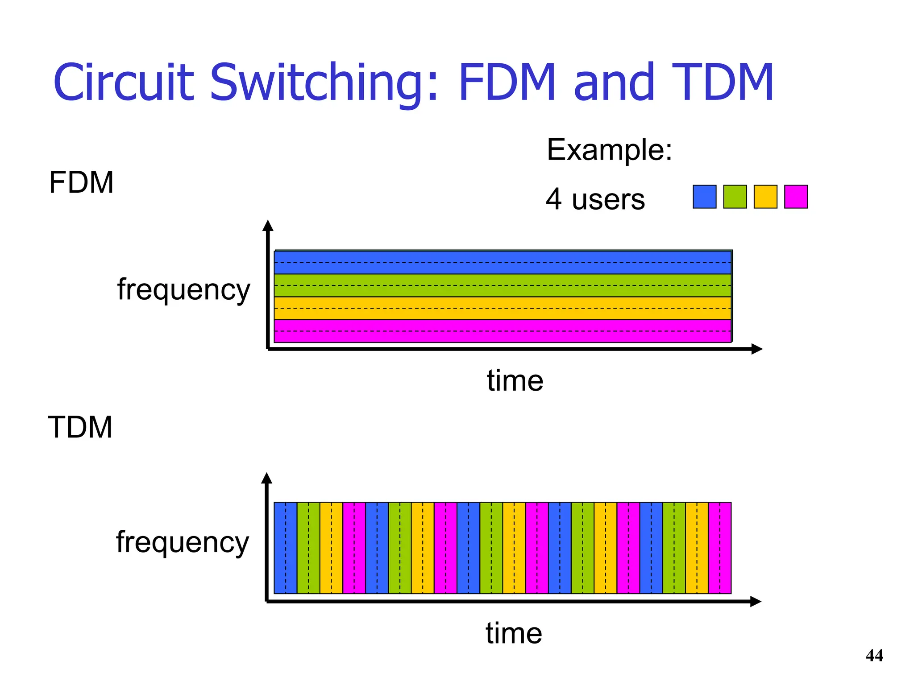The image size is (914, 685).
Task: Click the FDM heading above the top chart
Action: point(81,182)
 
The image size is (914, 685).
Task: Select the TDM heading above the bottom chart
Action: point(80,427)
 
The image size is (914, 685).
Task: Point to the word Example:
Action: point(609,150)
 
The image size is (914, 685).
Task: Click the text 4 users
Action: point(595,199)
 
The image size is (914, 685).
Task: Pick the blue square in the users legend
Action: point(704,197)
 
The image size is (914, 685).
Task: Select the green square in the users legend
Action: point(735,197)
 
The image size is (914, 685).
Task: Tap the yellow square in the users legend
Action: point(765,197)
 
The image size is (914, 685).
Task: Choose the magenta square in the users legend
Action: point(796,197)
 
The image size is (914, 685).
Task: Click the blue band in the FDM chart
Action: point(503,262)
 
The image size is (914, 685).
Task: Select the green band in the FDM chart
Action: point(503,285)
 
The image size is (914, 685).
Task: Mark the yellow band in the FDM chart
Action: point(503,308)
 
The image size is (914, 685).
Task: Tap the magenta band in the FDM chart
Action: point(503,331)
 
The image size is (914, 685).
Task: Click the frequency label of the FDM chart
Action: point(183,290)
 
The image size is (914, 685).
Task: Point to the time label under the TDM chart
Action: point(514,633)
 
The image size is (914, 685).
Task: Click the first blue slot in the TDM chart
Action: point(285,548)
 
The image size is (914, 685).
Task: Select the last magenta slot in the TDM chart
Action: point(720,548)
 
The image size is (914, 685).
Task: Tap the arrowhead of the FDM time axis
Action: point(757,349)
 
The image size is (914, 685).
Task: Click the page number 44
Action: point(874,656)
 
